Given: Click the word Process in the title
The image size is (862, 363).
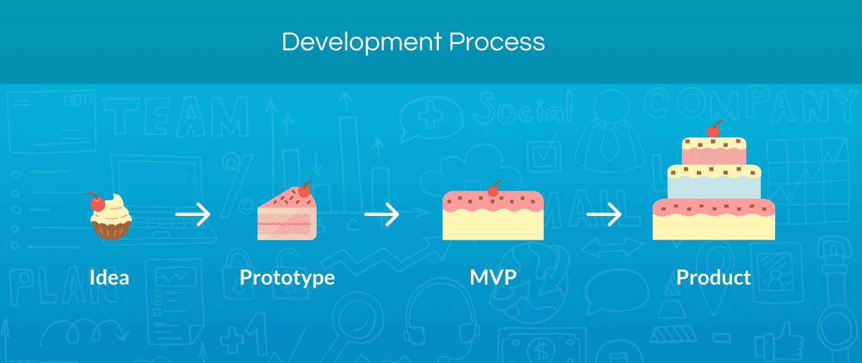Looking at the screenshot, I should (497, 42).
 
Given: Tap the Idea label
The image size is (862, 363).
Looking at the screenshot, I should (109, 277).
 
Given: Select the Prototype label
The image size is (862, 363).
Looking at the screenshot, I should (287, 278).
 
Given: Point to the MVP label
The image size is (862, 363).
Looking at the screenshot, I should (493, 277).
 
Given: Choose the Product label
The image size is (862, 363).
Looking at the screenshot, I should (713, 277).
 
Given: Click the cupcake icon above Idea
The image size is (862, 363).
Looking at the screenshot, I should (111, 216).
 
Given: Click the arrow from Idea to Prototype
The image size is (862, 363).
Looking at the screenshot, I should (193, 214).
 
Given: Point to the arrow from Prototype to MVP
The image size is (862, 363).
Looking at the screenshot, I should (381, 214).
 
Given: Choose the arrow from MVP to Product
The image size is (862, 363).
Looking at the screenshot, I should (604, 214).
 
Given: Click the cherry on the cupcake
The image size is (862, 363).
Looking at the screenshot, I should (97, 203).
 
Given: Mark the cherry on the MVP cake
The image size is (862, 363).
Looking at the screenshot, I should (493, 190).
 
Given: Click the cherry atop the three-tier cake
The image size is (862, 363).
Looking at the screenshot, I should (713, 131).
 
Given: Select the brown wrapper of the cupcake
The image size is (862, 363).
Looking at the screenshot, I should (111, 230).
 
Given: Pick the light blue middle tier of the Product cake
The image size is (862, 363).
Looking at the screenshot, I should (713, 187).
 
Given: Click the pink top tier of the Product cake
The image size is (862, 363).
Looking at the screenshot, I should (713, 152).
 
